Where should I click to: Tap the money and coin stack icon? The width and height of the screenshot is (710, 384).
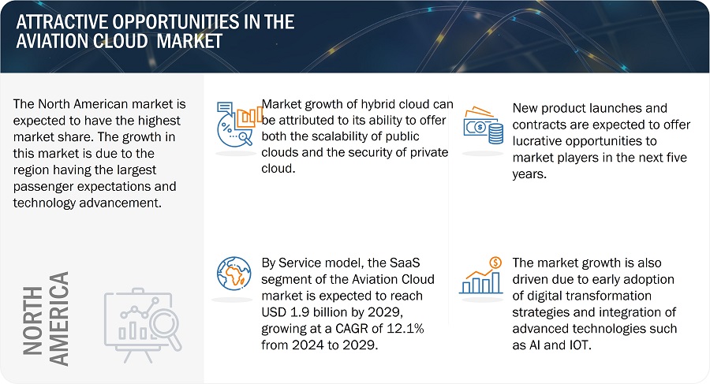[482, 125]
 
